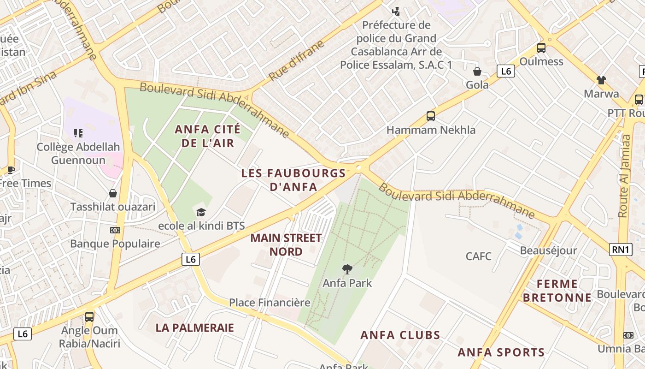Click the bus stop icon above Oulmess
click(x=541, y=48)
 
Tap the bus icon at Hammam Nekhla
click(x=431, y=116)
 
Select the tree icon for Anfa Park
click(x=347, y=269)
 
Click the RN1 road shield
click(x=621, y=250)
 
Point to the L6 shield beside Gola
click(x=506, y=71)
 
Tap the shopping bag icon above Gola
click(x=477, y=71)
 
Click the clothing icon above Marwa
click(x=601, y=80)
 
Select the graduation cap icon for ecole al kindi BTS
click(x=201, y=212)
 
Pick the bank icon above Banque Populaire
click(x=115, y=230)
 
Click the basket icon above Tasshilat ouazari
click(x=113, y=193)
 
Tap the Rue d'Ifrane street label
click(x=297, y=60)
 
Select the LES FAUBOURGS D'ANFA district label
click(x=293, y=180)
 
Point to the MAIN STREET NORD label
click(x=286, y=245)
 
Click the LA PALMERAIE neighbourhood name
click(x=195, y=328)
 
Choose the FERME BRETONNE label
click(x=557, y=291)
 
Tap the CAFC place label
click(x=479, y=256)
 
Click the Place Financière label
click(x=270, y=303)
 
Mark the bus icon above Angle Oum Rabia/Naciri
click(x=89, y=317)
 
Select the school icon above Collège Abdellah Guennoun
click(x=78, y=133)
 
